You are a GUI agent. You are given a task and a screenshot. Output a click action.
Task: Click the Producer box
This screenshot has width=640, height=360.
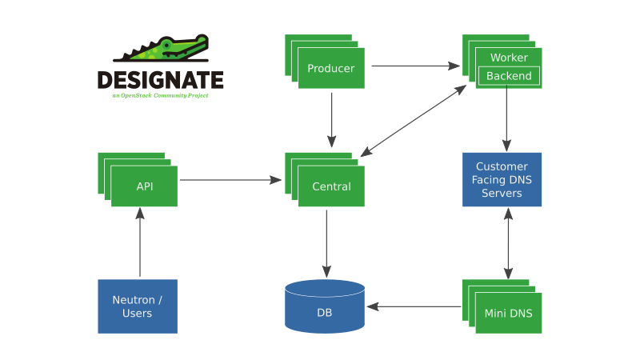point(331,69)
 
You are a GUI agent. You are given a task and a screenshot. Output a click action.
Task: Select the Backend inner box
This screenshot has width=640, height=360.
point(509,76)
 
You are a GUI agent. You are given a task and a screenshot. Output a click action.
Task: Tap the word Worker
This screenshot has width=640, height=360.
point(509,58)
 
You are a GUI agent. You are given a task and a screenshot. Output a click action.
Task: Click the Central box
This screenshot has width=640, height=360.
point(331,186)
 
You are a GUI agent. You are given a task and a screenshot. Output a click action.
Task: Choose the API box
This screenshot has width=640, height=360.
point(145,186)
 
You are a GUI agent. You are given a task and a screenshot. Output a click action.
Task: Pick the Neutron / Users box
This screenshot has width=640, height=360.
point(138,306)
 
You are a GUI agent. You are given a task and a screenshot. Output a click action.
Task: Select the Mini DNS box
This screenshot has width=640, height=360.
point(509,312)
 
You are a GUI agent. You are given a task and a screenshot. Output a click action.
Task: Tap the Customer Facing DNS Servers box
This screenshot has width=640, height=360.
point(502,180)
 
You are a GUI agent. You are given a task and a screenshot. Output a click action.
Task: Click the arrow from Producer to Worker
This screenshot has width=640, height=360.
point(415,66)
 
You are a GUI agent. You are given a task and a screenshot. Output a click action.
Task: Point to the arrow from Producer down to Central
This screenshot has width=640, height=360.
point(332,120)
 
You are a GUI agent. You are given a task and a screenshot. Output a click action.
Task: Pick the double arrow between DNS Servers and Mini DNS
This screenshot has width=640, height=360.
point(506,243)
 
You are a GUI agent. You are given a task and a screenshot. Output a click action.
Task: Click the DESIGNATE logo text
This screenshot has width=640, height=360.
point(160,80)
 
